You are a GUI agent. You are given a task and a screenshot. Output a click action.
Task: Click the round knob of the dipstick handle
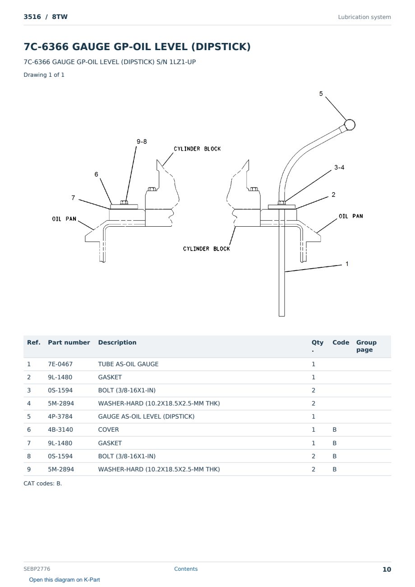click(350, 125)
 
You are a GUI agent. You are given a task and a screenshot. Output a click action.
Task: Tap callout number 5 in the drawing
click(321, 94)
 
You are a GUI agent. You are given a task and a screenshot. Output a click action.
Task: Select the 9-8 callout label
click(142, 141)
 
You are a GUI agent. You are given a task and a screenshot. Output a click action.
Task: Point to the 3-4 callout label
click(339, 168)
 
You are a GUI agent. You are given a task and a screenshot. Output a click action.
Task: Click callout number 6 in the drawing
click(97, 174)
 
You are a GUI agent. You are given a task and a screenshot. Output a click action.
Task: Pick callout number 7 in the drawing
click(73, 198)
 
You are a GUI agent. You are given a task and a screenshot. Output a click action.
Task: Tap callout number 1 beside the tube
click(347, 264)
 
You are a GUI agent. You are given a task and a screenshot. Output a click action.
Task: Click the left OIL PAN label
click(64, 219)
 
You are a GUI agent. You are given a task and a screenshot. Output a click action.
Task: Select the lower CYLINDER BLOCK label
click(206, 249)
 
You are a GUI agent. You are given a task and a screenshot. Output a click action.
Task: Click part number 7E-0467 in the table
click(60, 364)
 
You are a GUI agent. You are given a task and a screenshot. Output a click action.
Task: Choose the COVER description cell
click(108, 429)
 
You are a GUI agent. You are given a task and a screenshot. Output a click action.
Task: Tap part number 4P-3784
click(60, 416)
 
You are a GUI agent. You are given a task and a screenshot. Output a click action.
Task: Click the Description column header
click(117, 343)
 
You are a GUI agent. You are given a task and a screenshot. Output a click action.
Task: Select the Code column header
click(341, 343)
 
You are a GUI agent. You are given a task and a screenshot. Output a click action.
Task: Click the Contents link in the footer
click(186, 569)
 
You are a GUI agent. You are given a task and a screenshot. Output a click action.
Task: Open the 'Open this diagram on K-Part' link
click(65, 580)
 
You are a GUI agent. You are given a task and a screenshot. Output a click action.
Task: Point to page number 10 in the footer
click(387, 569)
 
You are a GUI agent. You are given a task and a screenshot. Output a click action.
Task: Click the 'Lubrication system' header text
click(364, 17)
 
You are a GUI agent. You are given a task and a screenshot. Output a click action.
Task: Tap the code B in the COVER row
click(335, 429)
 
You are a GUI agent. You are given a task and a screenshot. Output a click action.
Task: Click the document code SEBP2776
click(37, 569)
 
